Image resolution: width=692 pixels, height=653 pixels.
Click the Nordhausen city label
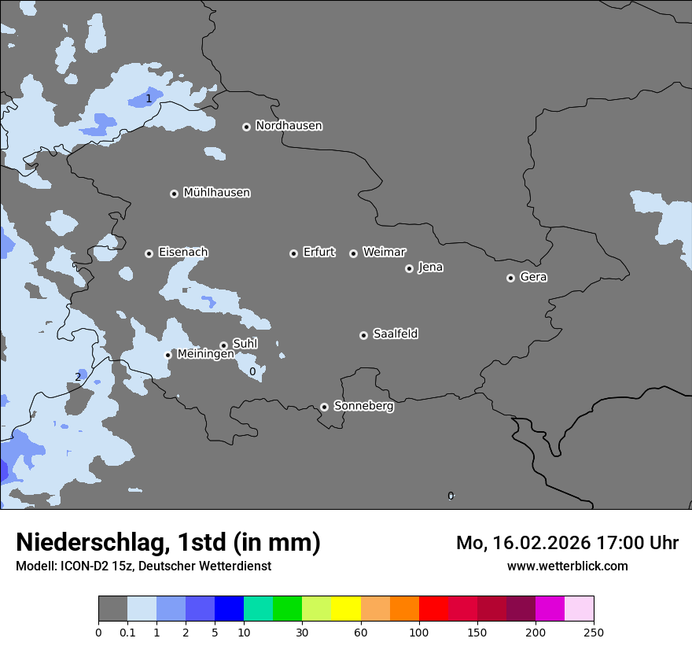pos(289,126)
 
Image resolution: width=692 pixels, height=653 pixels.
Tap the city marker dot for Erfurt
pos(293,253)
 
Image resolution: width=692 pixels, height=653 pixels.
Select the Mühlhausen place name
pos(216,193)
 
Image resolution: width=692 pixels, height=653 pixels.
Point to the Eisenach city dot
pos(149,253)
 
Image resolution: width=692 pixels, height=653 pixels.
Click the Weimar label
pos(384,253)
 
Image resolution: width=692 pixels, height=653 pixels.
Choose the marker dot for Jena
pos(409,268)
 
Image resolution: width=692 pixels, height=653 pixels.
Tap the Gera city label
pos(533,277)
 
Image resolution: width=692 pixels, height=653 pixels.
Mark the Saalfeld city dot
pos(363,335)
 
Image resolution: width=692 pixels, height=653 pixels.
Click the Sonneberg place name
pos(363,406)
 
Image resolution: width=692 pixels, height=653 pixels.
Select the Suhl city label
pos(245,344)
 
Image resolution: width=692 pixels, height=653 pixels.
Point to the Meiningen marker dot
pos(167,355)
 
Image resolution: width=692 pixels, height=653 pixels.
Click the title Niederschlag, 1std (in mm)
pos(168,542)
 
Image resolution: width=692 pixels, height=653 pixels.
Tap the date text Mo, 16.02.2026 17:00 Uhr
pos(567,543)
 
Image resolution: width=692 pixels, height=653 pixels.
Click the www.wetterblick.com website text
pos(567,566)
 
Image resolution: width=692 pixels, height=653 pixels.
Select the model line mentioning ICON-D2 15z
pos(143,566)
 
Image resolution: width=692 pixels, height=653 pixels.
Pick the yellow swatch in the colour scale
pos(345,609)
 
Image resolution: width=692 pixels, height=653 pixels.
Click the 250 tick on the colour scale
pos(594,632)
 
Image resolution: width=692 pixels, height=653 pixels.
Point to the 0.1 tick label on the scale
pos(127,632)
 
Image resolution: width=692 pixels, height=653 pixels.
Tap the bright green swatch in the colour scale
pos(287,609)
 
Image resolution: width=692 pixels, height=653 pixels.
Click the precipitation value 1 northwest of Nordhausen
pos(149,98)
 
